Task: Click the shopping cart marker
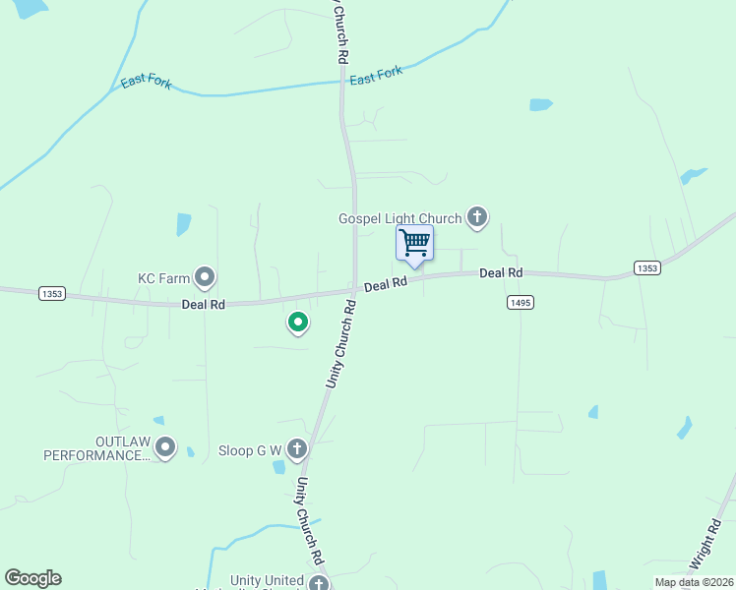coord(414,242)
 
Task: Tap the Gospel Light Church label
coord(399,218)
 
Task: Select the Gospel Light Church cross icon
coord(477,217)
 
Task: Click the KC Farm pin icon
coord(205,278)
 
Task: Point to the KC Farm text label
coord(163,278)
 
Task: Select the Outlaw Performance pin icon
coord(165,448)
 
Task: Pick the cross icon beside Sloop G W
coord(298,448)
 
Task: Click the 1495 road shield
coord(521,303)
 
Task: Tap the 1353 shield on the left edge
coord(52,294)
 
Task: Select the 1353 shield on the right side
coord(646,268)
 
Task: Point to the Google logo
coord(32,578)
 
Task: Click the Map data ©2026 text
coord(694,582)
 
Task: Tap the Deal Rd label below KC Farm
coord(204,305)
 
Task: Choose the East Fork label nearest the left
coord(146,83)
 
